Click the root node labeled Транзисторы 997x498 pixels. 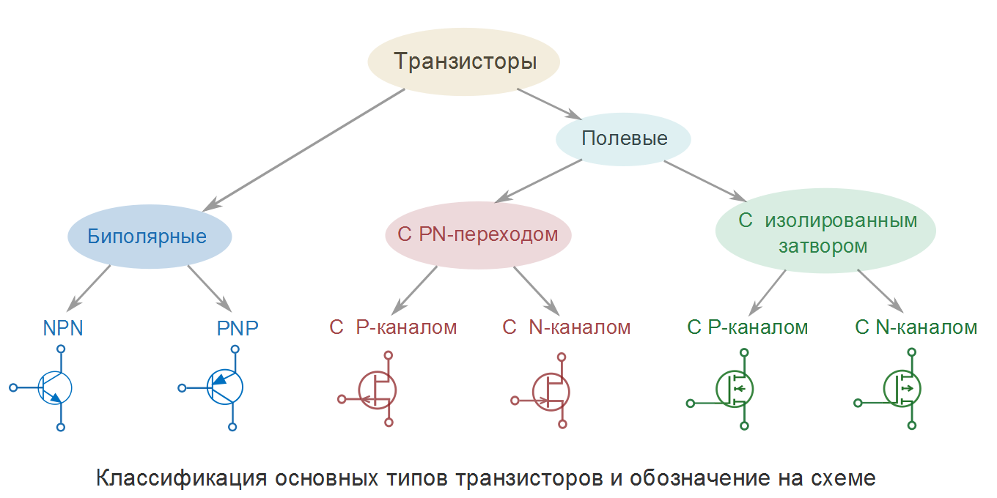(x=464, y=62)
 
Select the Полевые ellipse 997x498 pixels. (x=624, y=138)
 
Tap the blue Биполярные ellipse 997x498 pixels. (x=149, y=237)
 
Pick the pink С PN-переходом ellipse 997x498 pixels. (x=478, y=235)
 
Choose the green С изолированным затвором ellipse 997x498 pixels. (x=826, y=232)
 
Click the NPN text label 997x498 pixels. (x=62, y=327)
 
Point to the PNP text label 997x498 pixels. (x=238, y=327)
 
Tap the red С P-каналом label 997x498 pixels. (x=393, y=327)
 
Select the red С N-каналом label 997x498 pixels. (x=566, y=327)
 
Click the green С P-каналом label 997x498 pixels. (x=748, y=327)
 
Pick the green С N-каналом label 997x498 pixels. (x=916, y=327)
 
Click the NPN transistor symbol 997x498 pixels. (x=54, y=388)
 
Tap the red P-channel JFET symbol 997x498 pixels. (x=376, y=390)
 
